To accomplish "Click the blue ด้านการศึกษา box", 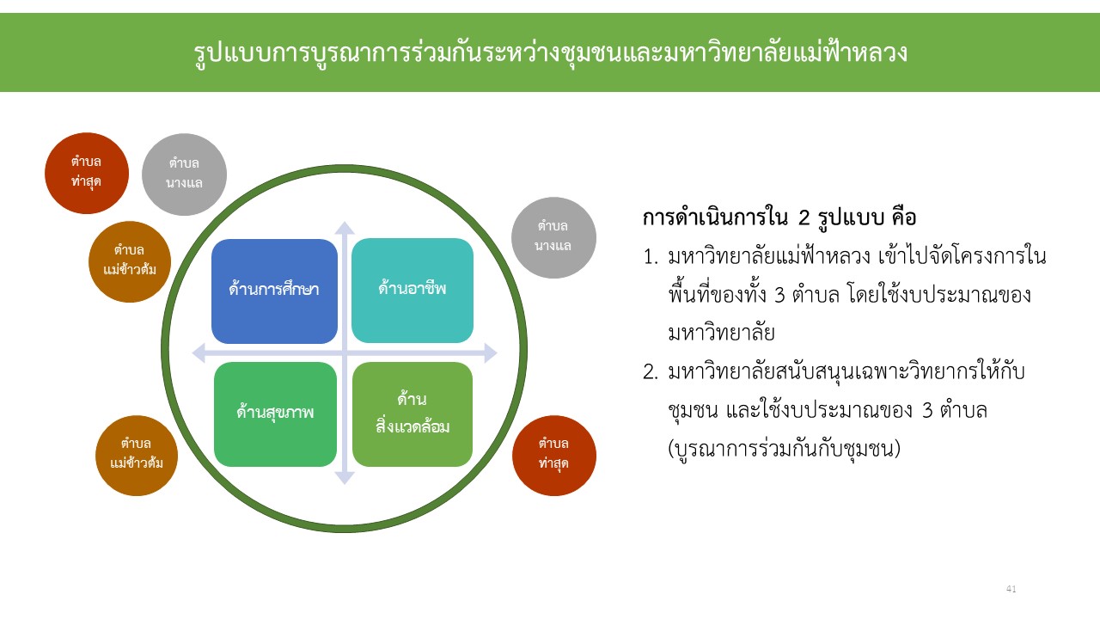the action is [x=274, y=291].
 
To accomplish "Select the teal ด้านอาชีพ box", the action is [x=412, y=291].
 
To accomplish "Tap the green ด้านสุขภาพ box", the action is [x=276, y=414].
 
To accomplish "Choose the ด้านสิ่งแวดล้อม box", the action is [x=412, y=414].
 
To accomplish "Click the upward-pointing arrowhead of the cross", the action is [x=345, y=228].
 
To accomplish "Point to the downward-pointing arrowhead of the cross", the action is [x=345, y=477].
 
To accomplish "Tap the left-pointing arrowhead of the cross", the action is [x=199, y=352].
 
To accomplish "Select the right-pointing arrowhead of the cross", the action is [x=491, y=352].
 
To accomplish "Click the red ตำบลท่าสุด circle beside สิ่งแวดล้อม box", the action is [x=554, y=456].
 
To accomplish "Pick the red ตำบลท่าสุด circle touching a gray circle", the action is [x=87, y=173].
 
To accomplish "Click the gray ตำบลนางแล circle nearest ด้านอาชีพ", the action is [x=553, y=238].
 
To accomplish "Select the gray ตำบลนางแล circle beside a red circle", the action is [x=184, y=175].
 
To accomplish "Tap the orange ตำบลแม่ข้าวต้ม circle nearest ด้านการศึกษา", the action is [x=130, y=261].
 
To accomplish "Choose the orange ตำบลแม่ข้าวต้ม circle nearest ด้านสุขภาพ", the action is [x=137, y=456].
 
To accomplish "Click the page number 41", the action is [x=1011, y=589].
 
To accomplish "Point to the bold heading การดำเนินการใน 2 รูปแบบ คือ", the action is [x=779, y=218].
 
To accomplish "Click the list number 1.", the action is [x=651, y=257].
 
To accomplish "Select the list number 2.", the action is [x=651, y=372].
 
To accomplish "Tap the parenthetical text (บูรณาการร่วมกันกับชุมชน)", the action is [x=785, y=448].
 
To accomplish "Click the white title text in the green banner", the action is [x=550, y=52].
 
